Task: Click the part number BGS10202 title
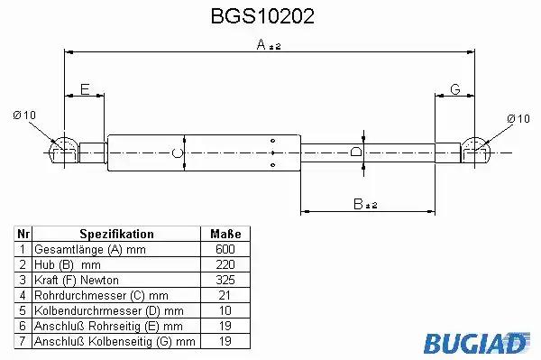[x=262, y=16]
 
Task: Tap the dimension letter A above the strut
[x=261, y=44]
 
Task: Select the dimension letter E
[x=85, y=89]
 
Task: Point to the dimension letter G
[x=455, y=89]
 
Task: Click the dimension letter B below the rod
[x=359, y=204]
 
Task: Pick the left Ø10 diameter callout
[x=24, y=115]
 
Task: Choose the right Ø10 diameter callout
[x=518, y=119]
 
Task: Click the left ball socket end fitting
[x=64, y=150]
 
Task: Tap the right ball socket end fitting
[x=475, y=150]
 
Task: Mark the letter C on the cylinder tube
[x=177, y=152]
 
